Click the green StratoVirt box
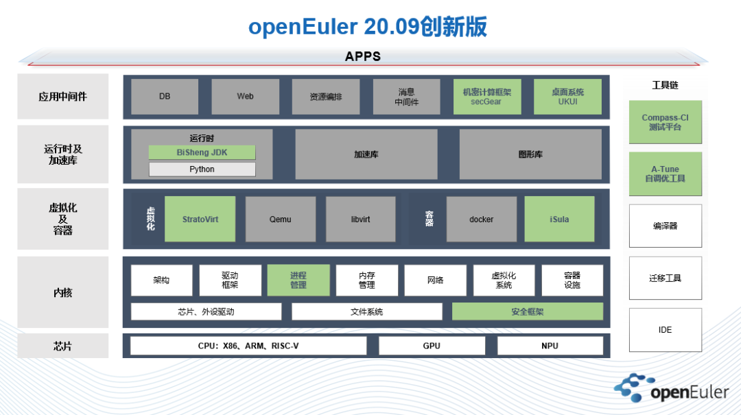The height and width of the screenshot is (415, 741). [200, 220]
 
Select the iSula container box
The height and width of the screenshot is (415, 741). [559, 220]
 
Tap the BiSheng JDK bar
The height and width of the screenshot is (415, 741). [202, 152]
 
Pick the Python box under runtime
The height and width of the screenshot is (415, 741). [202, 169]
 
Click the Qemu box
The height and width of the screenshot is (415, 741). [280, 220]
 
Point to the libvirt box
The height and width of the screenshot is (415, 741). [360, 220]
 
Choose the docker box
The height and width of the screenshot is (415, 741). [481, 220]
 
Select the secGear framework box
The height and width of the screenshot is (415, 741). [486, 97]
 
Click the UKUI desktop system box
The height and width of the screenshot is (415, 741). [567, 97]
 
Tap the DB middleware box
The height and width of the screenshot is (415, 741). [165, 97]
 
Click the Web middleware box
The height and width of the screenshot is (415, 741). [245, 97]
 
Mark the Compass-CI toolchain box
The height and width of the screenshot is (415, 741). [665, 122]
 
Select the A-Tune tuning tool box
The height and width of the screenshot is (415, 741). [665, 174]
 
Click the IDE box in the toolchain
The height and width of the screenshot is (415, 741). [665, 330]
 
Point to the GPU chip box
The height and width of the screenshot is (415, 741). [432, 346]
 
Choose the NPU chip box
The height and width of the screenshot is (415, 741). [550, 346]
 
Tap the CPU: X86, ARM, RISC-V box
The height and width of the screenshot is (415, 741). [248, 346]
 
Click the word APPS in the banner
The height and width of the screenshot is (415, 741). [362, 56]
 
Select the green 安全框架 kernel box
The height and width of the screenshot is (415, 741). [527, 311]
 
